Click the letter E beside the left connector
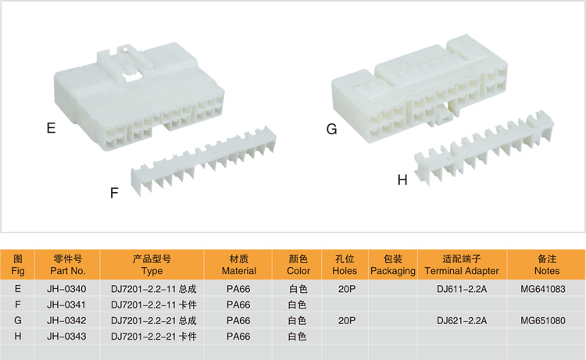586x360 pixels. (51, 128)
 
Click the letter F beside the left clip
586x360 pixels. (114, 193)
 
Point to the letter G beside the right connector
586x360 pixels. (331, 129)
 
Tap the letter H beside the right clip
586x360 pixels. (402, 180)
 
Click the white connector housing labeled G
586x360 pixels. (422, 98)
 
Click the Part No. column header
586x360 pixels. (67, 265)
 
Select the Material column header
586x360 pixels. (239, 265)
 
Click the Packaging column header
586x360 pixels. (392, 265)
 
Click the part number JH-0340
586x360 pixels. (67, 289)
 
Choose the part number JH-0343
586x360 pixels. (67, 336)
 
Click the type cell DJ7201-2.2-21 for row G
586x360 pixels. (152, 320)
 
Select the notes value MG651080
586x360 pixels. (547, 320)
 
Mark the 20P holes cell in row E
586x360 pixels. (345, 289)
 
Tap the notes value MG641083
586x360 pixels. (547, 289)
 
